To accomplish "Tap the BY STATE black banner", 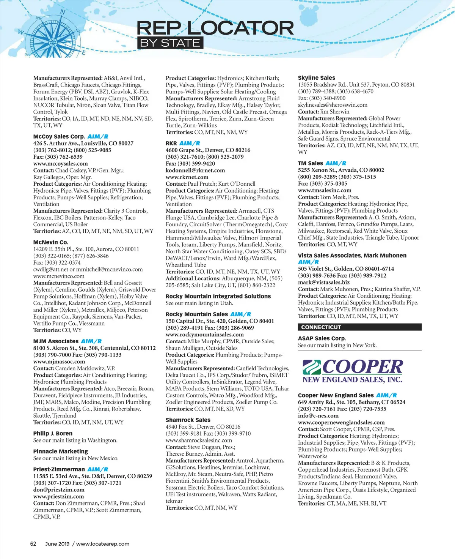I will [x=170, y=43].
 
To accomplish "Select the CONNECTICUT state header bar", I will [x=359, y=327].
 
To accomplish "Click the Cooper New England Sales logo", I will [x=353, y=371].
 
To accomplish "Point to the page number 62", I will [x=33, y=543].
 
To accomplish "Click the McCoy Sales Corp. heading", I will [x=59, y=136].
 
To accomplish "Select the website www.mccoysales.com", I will [x=60, y=164].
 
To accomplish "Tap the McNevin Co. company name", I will [x=50, y=242].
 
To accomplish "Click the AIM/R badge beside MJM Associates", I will [x=91, y=341].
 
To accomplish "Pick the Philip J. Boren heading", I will [x=53, y=433].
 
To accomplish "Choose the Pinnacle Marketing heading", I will [x=61, y=451].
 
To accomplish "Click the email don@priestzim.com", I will [x=59, y=490].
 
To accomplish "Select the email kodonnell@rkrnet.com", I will [x=195, y=170].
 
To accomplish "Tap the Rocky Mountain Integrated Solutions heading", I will [x=218, y=296].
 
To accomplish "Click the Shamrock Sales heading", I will [x=188, y=420].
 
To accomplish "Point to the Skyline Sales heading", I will [x=317, y=77].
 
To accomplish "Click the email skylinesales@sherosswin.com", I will [x=333, y=105].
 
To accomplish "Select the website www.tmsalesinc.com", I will [x=325, y=190].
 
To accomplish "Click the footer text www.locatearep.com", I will [x=103, y=543].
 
